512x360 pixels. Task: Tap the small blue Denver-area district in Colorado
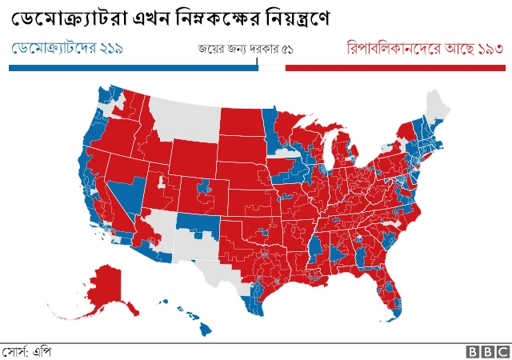click(x=205, y=187)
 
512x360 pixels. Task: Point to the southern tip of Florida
click(x=398, y=314)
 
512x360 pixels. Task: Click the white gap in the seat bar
click(x=271, y=69)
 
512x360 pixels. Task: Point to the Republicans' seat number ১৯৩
click(x=488, y=49)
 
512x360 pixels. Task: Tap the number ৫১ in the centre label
click(x=284, y=50)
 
